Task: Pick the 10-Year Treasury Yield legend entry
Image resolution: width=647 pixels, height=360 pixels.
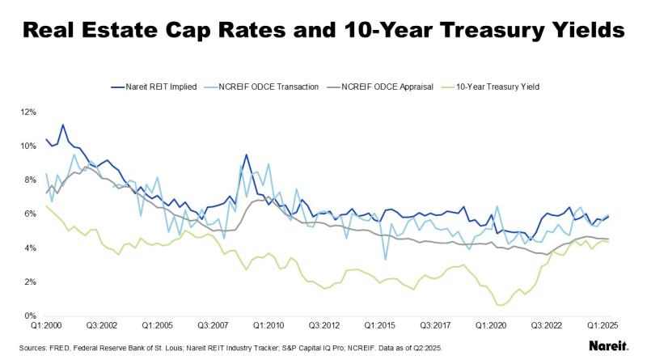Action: pos(497,86)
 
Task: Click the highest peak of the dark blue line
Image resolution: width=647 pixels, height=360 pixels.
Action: pos(63,125)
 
